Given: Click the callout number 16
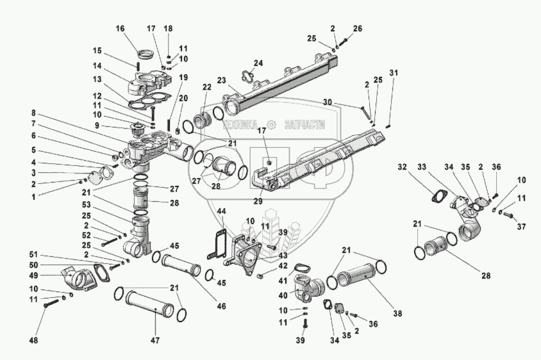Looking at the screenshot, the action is pyautogui.click(x=120, y=28).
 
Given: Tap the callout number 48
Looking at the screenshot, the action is pyautogui.click(x=33, y=341).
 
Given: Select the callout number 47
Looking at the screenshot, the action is pyautogui.click(x=155, y=341).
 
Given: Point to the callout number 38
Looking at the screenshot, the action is pyautogui.click(x=397, y=314).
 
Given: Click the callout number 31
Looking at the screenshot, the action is pyautogui.click(x=394, y=73).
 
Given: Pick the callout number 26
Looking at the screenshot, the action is pyautogui.click(x=358, y=28).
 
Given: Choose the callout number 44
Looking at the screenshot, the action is pyautogui.click(x=222, y=211).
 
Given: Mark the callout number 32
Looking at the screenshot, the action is pyautogui.click(x=402, y=167).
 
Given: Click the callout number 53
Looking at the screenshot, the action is pyautogui.click(x=86, y=205).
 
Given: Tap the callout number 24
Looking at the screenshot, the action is pyautogui.click(x=258, y=63).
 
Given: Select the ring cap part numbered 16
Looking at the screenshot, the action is pyautogui.click(x=146, y=54).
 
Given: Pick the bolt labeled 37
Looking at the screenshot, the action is pyautogui.click(x=508, y=215).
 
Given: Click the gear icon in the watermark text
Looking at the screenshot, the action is pyautogui.click(x=272, y=124).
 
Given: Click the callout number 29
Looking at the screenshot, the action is pyautogui.click(x=258, y=201).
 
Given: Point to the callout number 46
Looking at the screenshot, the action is pyautogui.click(x=222, y=306).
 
